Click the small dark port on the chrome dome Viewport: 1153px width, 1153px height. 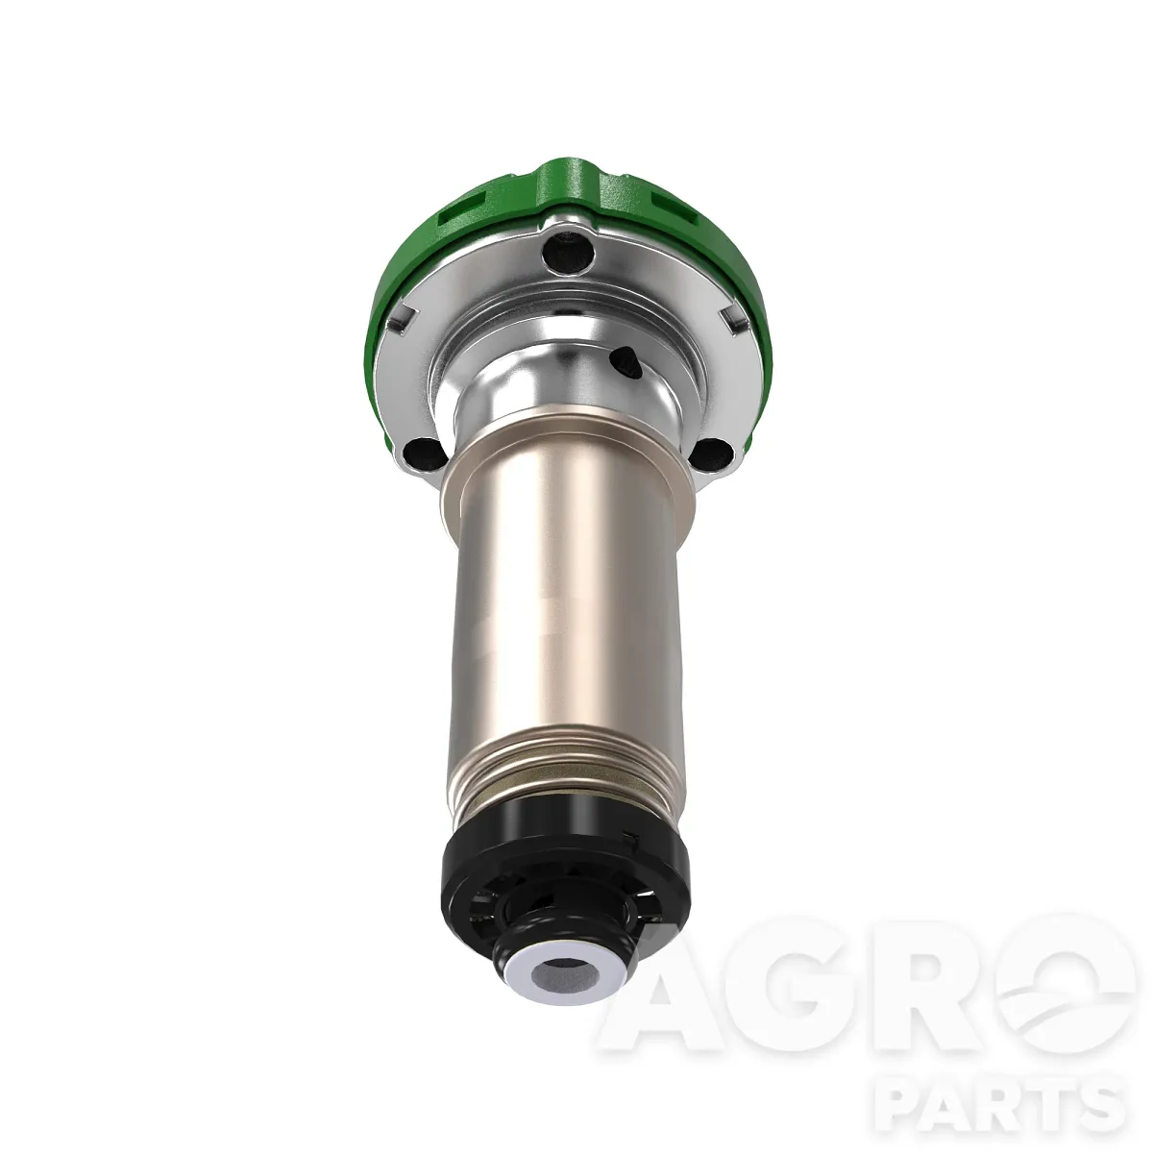click(x=625, y=363)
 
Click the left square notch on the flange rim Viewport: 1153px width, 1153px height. click(x=402, y=320)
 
